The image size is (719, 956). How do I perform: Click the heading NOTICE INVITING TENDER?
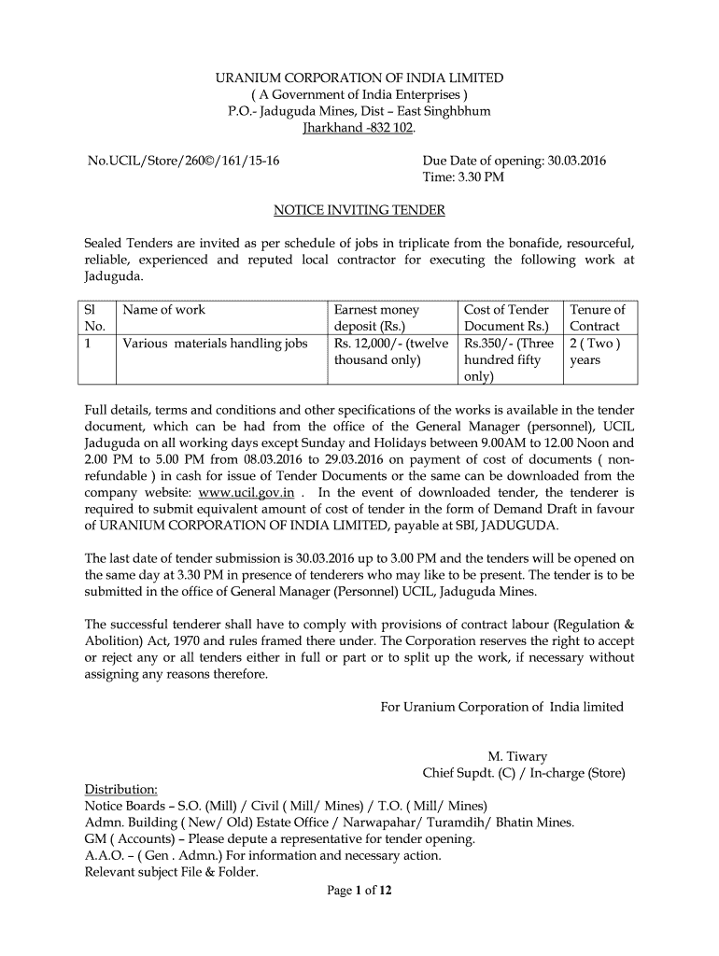(359, 210)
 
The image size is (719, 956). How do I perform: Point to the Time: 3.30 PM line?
(463, 177)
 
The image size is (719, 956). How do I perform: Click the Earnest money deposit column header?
(376, 318)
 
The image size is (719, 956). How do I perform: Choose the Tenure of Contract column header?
(597, 318)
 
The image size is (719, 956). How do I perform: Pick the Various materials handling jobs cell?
(215, 344)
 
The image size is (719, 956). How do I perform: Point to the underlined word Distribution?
(121, 790)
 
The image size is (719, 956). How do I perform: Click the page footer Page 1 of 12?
(359, 891)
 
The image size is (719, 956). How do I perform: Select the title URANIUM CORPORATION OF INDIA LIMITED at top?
(359, 77)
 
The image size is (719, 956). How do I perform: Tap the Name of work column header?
(164, 310)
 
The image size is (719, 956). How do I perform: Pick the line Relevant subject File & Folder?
(171, 873)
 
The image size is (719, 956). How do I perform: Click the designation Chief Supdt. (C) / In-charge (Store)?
(524, 773)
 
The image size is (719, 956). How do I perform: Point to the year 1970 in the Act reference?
(190, 641)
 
